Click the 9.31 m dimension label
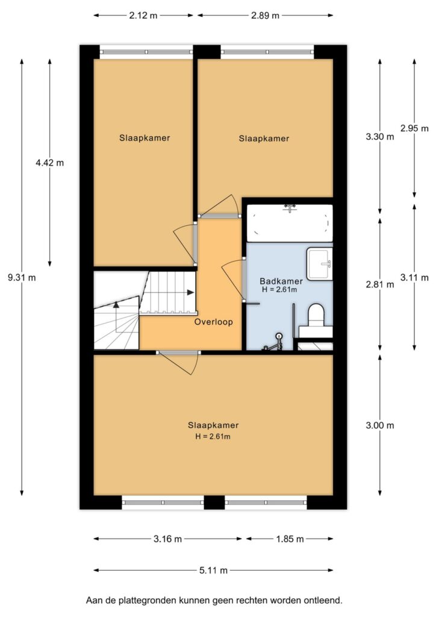point(22,277)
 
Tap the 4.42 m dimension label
point(49,163)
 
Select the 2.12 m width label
point(143,16)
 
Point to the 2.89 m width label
point(265,16)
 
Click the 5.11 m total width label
point(213,570)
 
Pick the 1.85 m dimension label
point(290,539)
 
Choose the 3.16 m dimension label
point(168,539)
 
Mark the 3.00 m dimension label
point(380,425)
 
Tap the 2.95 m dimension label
point(414,128)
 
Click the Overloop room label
point(214,322)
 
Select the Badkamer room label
point(281,281)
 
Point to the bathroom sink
point(320,264)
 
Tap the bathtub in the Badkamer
point(289,223)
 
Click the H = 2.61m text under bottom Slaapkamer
point(213,436)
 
